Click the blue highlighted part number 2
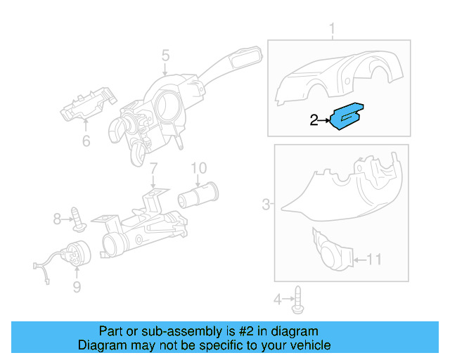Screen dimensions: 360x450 [x=347, y=117]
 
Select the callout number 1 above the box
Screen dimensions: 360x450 [x=333, y=30]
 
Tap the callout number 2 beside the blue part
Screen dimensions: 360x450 [x=314, y=121]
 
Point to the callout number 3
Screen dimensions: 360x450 [x=266, y=205]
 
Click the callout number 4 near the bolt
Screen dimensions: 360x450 [x=277, y=300]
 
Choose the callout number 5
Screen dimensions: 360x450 [x=165, y=55]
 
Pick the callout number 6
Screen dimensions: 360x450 [x=86, y=141]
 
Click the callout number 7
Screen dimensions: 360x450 [x=153, y=169]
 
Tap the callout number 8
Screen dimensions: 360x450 [x=58, y=219]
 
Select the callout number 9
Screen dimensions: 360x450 [x=77, y=286]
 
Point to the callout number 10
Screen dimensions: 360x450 [x=199, y=168]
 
